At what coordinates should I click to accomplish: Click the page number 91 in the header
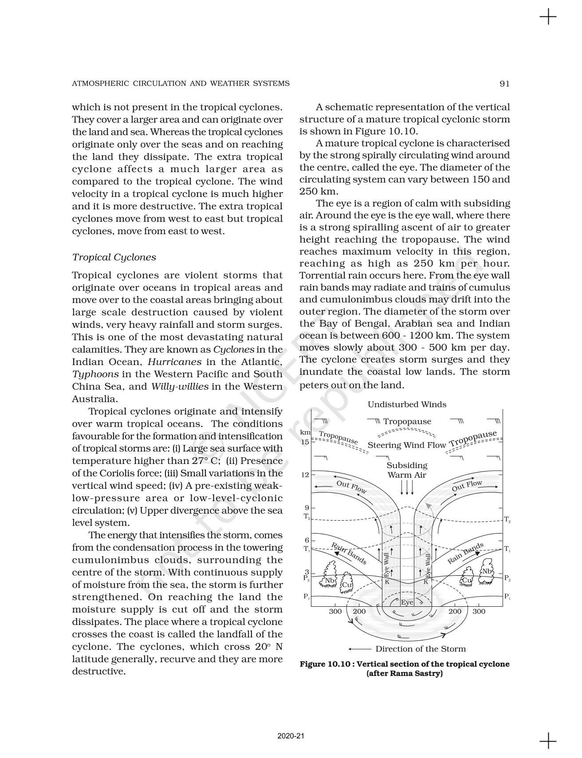[x=504, y=83]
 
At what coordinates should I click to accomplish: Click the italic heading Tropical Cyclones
[x=114, y=257]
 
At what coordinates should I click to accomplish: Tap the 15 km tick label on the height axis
[x=305, y=442]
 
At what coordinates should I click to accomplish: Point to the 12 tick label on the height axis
[x=305, y=475]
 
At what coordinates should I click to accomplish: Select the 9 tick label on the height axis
[x=307, y=507]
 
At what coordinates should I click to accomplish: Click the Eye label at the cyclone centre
[x=407, y=602]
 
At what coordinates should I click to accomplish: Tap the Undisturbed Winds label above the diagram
[x=407, y=405]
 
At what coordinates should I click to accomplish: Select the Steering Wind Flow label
[x=407, y=445]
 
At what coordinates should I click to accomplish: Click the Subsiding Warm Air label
[x=407, y=470]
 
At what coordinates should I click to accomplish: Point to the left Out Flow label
[x=351, y=487]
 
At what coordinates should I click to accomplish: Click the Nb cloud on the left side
[x=329, y=580]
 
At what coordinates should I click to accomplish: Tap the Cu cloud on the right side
[x=467, y=580]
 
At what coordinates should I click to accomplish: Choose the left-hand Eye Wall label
[x=386, y=565]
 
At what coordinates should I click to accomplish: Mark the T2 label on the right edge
[x=507, y=519]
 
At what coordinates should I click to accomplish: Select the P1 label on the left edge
[x=307, y=597]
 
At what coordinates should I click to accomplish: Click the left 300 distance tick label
[x=335, y=611]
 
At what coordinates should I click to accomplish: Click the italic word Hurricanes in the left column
[x=174, y=361]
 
